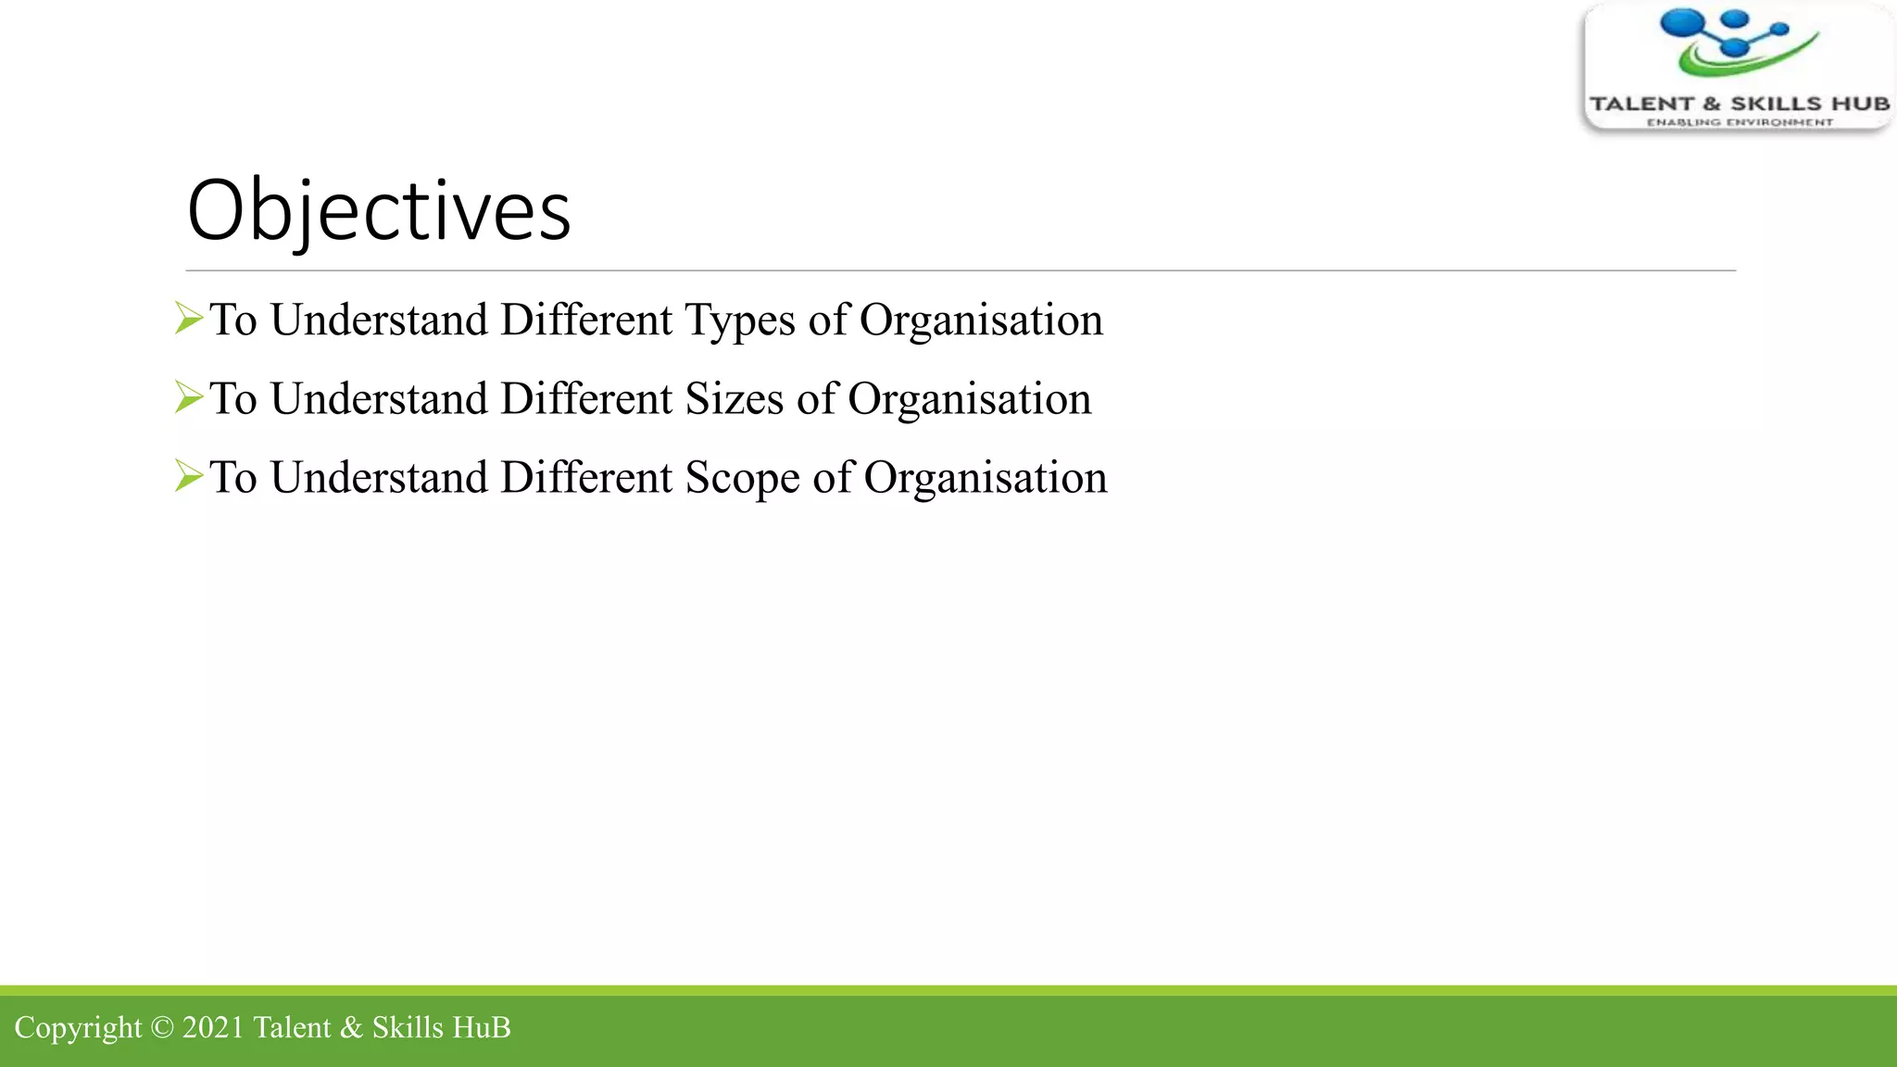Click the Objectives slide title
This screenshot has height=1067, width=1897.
click(x=378, y=211)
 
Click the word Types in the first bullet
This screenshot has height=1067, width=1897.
click(x=739, y=321)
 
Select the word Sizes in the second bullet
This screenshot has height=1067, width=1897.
click(x=734, y=400)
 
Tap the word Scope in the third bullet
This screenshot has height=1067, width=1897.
click(x=741, y=479)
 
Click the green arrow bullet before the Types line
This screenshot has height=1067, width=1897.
click(x=188, y=319)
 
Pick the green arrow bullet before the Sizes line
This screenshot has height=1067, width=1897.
click(x=188, y=397)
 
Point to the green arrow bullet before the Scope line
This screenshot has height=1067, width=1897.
click(x=188, y=476)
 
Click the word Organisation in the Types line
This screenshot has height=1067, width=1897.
click(x=980, y=321)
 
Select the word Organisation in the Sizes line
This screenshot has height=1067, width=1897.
click(x=969, y=400)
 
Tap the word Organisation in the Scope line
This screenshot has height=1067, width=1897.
click(x=985, y=479)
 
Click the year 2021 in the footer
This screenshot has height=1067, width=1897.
click(x=213, y=1027)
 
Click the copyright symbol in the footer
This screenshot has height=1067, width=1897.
click(x=161, y=1028)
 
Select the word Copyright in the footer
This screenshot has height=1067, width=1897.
click(x=78, y=1028)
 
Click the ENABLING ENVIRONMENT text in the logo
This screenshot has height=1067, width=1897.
click(x=1739, y=122)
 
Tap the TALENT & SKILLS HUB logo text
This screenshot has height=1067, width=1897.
click(x=1739, y=104)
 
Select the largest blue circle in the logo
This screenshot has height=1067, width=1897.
click(x=1682, y=25)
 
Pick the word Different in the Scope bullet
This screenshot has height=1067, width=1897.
click(x=586, y=478)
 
